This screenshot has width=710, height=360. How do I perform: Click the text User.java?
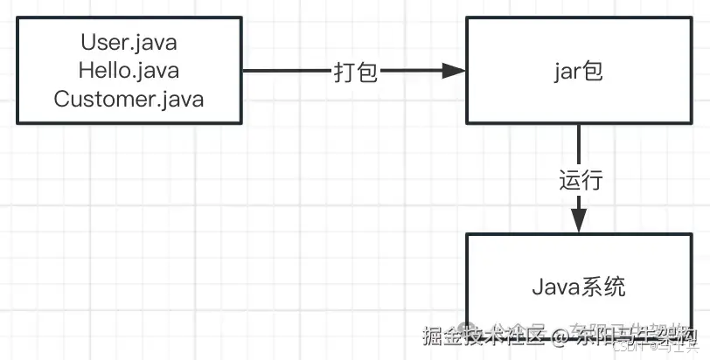pos(129,41)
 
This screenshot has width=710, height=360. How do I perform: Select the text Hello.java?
pos(129,70)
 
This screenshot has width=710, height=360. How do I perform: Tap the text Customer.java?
pos(129,99)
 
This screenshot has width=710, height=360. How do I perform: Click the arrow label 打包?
pos(356,73)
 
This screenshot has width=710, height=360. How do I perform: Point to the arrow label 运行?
pos(581,181)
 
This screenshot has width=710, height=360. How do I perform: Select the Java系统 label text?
pos(579,287)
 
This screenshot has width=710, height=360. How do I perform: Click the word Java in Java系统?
pos(554,287)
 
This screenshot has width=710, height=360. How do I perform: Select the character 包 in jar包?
pos(594,71)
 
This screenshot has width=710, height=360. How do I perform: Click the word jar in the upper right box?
pos(567,72)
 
